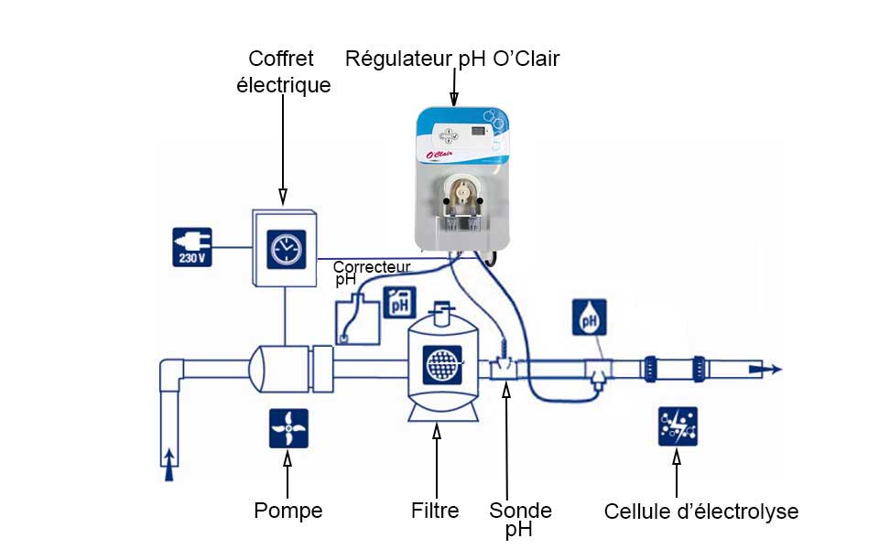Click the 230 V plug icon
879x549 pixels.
[191, 247]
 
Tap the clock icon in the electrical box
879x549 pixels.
[287, 249]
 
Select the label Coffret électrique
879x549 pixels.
[283, 71]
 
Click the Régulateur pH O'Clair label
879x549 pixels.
[452, 59]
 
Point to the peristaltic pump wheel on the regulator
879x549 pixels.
[463, 193]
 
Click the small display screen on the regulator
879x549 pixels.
[479, 131]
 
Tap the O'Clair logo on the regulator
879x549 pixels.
[439, 154]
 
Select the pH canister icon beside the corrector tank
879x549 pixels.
[400, 303]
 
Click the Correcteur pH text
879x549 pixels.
[372, 273]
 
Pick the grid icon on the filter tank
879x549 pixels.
[443, 365]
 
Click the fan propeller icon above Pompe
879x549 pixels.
[288, 428]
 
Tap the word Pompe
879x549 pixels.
[288, 511]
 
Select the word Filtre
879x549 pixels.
[435, 511]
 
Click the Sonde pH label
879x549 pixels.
[520, 520]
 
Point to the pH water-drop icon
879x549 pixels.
[589, 318]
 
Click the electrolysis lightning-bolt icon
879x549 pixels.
[678, 426]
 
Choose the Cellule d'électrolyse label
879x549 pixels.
[701, 511]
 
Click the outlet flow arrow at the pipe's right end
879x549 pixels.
[765, 369]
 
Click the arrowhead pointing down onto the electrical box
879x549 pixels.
[283, 197]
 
